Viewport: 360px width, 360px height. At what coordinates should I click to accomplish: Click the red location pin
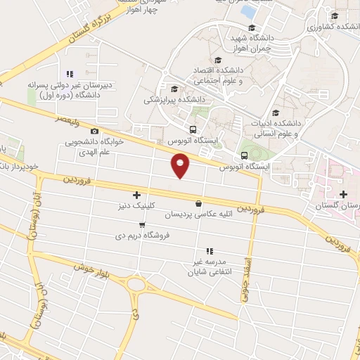click(x=181, y=166)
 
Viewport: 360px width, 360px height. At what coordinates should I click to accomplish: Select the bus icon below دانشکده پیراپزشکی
click(x=193, y=129)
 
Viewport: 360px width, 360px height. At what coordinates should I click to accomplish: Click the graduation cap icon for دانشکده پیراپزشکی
click(x=174, y=88)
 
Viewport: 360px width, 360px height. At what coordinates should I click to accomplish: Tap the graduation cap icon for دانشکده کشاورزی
click(x=334, y=15)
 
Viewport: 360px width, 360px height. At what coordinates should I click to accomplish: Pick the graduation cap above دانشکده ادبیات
click(x=276, y=112)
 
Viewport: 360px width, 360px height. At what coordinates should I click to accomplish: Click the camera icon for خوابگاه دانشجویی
click(x=94, y=131)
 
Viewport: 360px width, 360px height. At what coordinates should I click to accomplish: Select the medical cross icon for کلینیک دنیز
click(x=136, y=195)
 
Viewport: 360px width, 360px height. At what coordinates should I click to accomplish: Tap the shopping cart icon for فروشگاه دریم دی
click(x=142, y=225)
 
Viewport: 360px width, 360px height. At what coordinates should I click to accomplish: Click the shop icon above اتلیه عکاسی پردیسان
click(x=199, y=203)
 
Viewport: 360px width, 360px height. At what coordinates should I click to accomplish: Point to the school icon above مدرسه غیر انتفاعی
click(x=209, y=251)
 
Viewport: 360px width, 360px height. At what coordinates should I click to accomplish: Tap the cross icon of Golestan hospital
click(x=343, y=194)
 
